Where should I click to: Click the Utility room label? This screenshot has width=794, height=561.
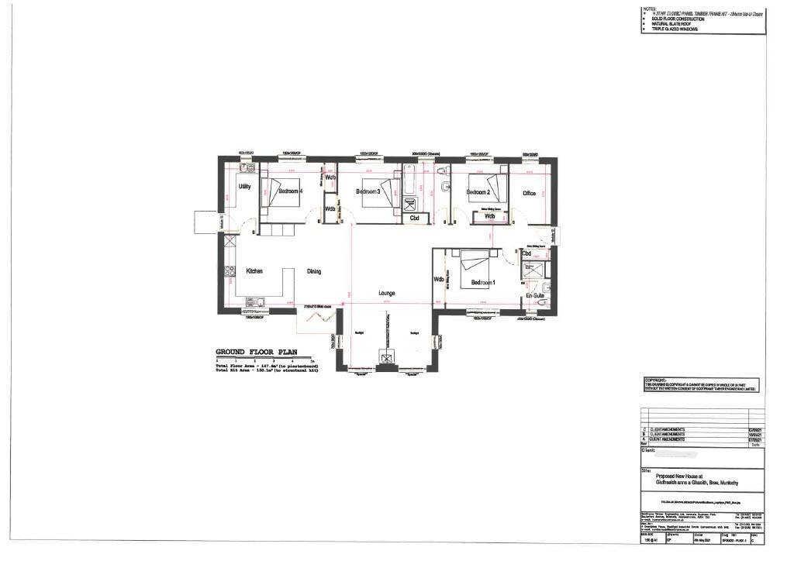click(244, 187)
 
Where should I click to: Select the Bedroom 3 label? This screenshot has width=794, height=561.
click(368, 191)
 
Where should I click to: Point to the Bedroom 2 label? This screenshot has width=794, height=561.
click(478, 191)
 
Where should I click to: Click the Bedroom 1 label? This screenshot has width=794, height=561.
click(482, 283)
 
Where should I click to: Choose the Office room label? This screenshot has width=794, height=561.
click(530, 193)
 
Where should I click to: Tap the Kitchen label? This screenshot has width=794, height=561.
click(254, 271)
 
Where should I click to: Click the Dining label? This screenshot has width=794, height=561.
click(313, 271)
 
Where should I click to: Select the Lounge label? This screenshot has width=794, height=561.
click(387, 293)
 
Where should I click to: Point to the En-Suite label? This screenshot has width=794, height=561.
click(534, 296)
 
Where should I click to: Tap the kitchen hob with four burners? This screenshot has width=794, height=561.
click(230, 271)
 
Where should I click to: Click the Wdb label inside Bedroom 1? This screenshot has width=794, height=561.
click(439, 280)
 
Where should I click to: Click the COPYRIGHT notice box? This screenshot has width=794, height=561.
click(701, 385)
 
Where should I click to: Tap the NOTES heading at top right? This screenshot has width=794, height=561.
click(649, 9)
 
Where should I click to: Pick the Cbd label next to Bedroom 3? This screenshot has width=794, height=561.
click(415, 219)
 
